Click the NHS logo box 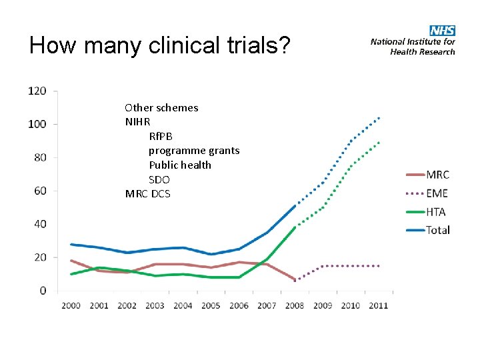click(443, 31)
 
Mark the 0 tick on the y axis click(43, 291)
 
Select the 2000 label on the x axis click(71, 305)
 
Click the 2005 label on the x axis click(211, 305)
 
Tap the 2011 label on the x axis click(378, 305)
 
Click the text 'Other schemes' click(161, 107)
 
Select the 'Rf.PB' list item click(161, 136)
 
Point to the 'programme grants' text click(194, 151)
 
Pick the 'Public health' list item click(180, 165)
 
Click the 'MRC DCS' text click(147, 194)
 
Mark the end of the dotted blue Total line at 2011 click(379, 118)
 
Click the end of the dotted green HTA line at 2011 click(379, 142)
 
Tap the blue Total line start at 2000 click(71, 244)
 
